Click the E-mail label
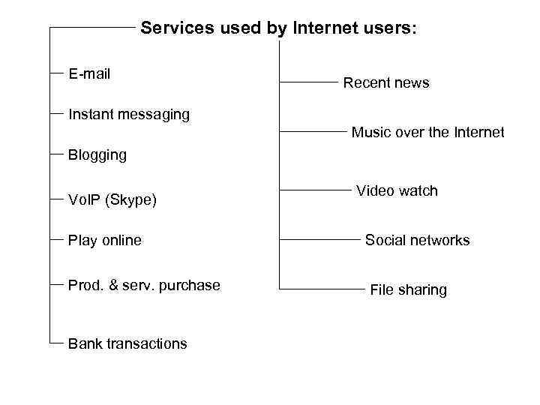click(x=89, y=73)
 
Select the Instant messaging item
click(x=128, y=115)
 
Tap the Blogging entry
click(x=97, y=155)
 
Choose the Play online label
click(x=104, y=241)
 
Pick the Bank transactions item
click(x=127, y=343)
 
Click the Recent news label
click(x=385, y=83)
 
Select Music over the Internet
click(x=427, y=133)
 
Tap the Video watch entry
click(x=397, y=190)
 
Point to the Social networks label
click(x=417, y=240)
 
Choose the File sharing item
click(x=408, y=289)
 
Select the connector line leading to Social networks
click(x=314, y=240)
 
